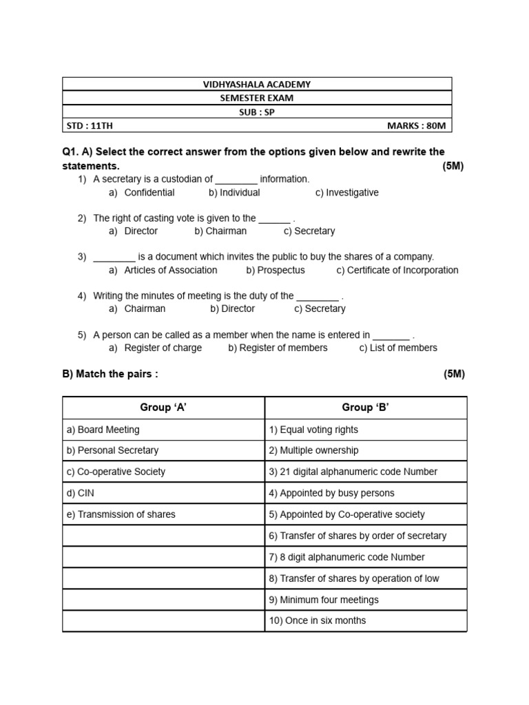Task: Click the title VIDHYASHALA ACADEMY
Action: pyautogui.click(x=257, y=84)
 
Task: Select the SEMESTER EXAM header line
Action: pyautogui.click(x=257, y=98)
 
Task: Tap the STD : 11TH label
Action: pyautogui.click(x=88, y=126)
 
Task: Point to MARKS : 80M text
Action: pyautogui.click(x=417, y=126)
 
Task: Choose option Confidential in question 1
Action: pyautogui.click(x=149, y=193)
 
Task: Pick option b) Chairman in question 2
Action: pyautogui.click(x=220, y=231)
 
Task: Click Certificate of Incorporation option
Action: pyautogui.click(x=397, y=271)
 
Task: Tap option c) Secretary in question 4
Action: pyautogui.click(x=320, y=309)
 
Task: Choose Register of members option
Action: pyautogui.click(x=278, y=348)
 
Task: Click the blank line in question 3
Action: pyautogui.click(x=114, y=257)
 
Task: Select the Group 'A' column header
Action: pyautogui.click(x=163, y=408)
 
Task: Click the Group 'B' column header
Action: pyautogui.click(x=366, y=408)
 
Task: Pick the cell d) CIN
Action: pyautogui.click(x=81, y=493)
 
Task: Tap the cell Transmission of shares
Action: pyautogui.click(x=121, y=514)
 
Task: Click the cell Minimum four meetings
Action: pyautogui.click(x=324, y=600)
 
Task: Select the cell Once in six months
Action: pyautogui.click(x=318, y=620)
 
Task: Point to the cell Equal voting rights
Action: pyautogui.click(x=313, y=430)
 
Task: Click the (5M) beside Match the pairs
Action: pyautogui.click(x=454, y=375)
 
